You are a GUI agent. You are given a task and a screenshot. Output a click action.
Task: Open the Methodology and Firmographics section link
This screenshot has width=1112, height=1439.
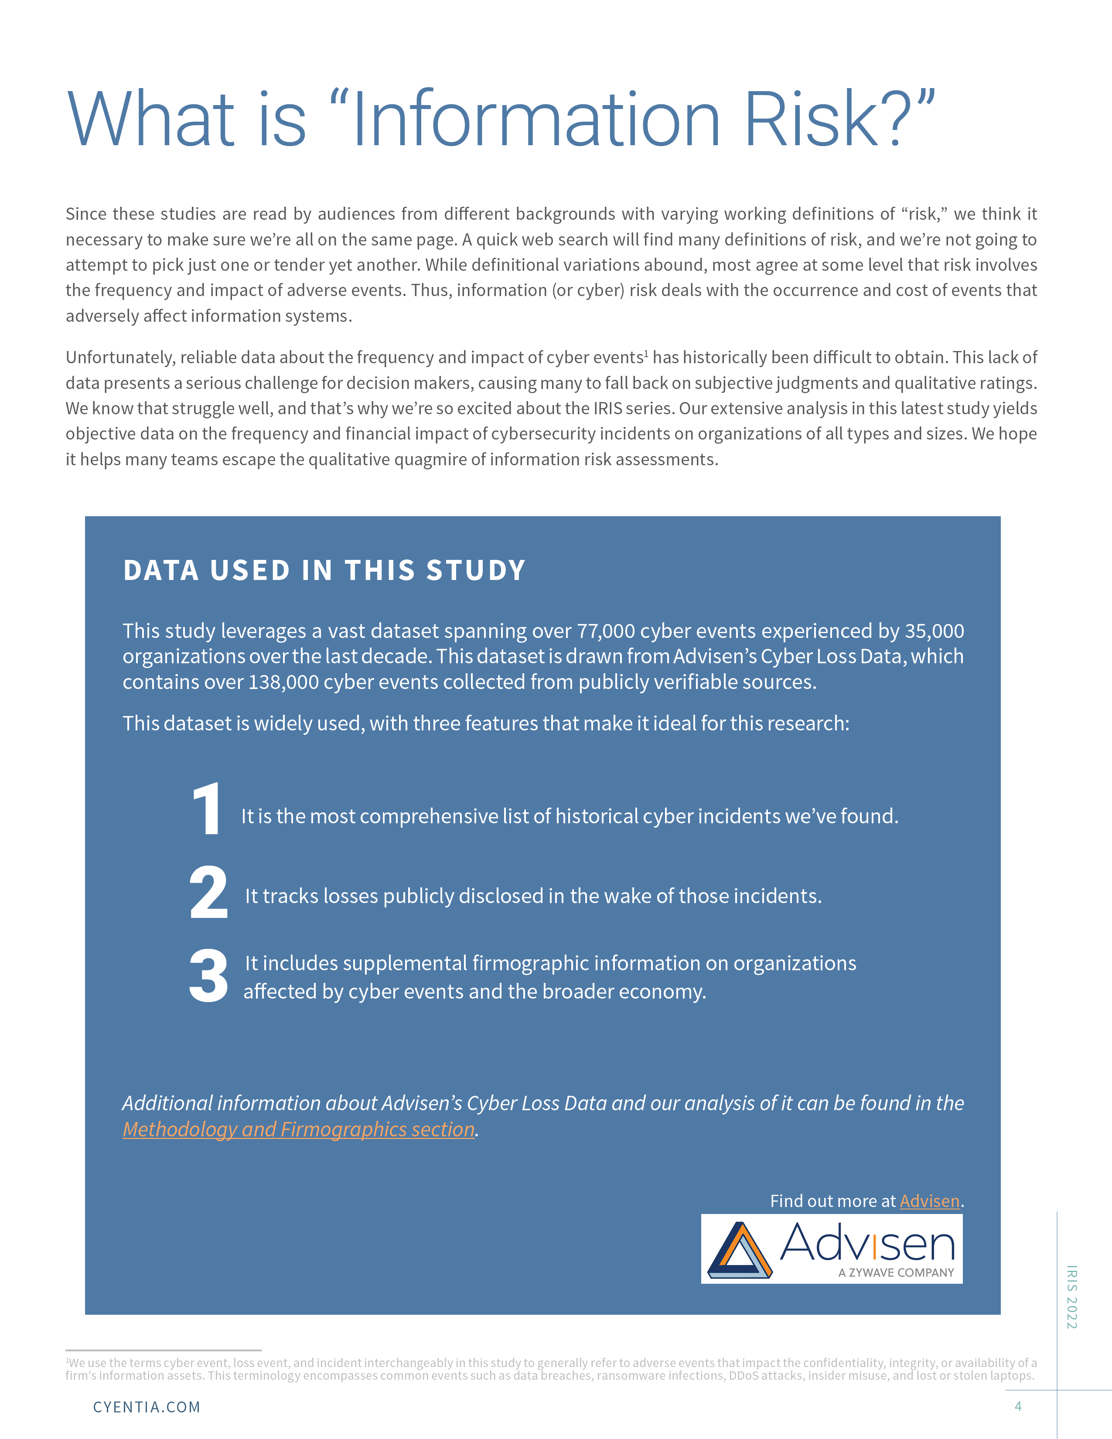298,1129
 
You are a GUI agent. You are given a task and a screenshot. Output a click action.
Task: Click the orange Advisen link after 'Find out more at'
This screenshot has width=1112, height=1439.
930,1201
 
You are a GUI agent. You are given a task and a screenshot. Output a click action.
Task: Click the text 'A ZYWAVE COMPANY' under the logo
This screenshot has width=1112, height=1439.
896,1273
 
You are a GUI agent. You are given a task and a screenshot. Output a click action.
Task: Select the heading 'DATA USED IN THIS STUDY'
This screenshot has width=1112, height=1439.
324,571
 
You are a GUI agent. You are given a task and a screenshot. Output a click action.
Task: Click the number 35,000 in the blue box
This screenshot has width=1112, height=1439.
934,631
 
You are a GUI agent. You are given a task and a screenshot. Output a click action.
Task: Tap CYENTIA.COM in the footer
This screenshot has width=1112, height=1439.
146,1407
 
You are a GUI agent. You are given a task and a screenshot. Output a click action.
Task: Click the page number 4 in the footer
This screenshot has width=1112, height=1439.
1018,1407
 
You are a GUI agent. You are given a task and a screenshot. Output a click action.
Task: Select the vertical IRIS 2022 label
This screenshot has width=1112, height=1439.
1072,1297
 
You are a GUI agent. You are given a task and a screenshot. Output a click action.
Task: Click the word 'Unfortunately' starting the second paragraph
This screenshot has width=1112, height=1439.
120,358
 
